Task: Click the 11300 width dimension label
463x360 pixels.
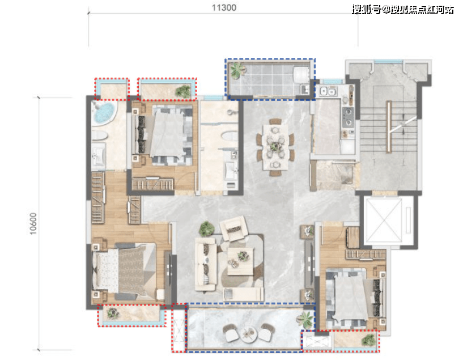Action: [x=224, y=7]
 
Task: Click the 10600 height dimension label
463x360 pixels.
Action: [x=33, y=223]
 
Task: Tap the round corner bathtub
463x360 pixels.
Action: [x=104, y=113]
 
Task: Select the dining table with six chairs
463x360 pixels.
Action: [x=275, y=147]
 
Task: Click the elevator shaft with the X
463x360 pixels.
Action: [x=384, y=220]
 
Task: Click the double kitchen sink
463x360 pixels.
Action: [x=328, y=91]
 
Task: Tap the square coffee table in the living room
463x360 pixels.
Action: [x=240, y=261]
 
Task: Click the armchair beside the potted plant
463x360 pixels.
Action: [x=233, y=228]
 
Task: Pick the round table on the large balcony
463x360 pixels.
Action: [x=248, y=334]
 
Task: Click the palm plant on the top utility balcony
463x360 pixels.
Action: [x=237, y=70]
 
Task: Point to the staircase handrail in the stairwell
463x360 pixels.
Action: [x=389, y=127]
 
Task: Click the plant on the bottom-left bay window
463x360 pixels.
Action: [x=113, y=313]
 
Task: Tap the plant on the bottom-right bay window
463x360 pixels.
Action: [x=369, y=340]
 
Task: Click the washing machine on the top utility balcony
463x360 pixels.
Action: [x=301, y=74]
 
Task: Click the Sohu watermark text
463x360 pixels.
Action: [x=403, y=10]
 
